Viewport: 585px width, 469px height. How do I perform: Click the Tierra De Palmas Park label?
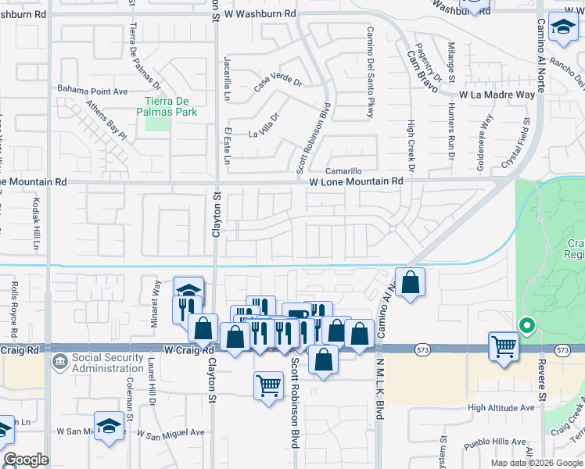(170, 106)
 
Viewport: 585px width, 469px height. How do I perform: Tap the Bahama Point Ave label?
(92, 91)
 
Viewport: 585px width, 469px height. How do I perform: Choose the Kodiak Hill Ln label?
(36, 224)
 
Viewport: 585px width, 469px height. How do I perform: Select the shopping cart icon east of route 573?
(504, 345)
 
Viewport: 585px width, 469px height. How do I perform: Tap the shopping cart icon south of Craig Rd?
(268, 385)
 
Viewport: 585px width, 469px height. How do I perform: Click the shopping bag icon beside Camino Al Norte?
(410, 282)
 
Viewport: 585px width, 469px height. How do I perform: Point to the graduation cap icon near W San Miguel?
(110, 427)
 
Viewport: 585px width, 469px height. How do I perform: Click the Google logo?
(26, 460)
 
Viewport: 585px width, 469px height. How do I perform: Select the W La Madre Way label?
(497, 95)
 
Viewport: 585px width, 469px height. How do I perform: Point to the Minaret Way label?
(156, 295)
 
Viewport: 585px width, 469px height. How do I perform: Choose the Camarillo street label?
(344, 170)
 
